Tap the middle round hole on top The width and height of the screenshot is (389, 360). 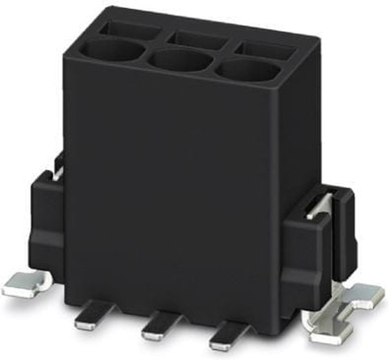(179, 61)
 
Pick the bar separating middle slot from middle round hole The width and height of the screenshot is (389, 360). (188, 49)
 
